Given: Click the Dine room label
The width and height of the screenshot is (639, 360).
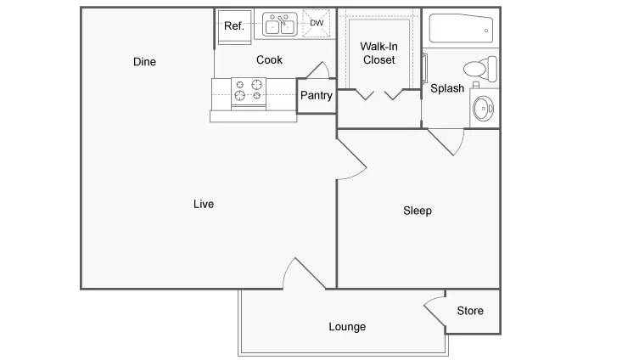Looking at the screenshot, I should pyautogui.click(x=144, y=62).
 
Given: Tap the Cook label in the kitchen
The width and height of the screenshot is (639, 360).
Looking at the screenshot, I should pyautogui.click(x=269, y=60).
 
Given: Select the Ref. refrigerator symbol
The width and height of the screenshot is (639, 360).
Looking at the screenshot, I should pyautogui.click(x=233, y=26).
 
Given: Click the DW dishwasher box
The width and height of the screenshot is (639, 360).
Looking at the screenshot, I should pyautogui.click(x=317, y=24).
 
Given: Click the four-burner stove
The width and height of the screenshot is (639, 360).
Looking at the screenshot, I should pyautogui.click(x=249, y=91).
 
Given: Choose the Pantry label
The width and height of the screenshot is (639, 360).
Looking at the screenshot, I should pyautogui.click(x=316, y=96).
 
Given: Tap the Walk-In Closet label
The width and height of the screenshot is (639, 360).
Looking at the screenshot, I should pyautogui.click(x=378, y=53).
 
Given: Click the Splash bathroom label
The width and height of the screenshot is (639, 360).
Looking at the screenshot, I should pyautogui.click(x=447, y=88).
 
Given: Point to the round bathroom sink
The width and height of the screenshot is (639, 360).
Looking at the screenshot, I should pyautogui.click(x=484, y=107).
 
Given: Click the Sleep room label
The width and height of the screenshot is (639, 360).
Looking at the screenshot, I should pyautogui.click(x=417, y=211).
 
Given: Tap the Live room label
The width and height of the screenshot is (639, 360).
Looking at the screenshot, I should pyautogui.click(x=204, y=204).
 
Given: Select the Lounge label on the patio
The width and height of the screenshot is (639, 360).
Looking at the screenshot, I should pyautogui.click(x=347, y=327).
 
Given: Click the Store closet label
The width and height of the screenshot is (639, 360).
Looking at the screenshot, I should pyautogui.click(x=470, y=311).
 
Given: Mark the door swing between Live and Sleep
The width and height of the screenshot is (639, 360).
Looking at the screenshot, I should pyautogui.click(x=350, y=159).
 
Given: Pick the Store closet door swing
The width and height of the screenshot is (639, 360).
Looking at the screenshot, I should pyautogui.click(x=434, y=312).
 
